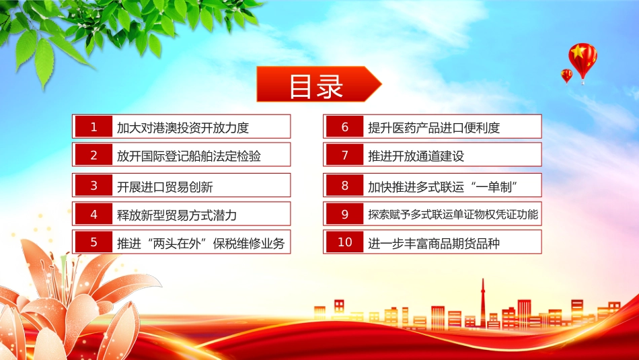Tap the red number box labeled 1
tap(93, 127)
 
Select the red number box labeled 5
tap(93, 242)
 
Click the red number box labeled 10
tap(345, 242)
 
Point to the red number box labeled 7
tap(345, 155)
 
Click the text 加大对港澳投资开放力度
tap(182, 128)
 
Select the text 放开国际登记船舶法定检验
tap(189, 155)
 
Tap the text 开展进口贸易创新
tap(165, 186)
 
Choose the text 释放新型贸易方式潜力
tap(177, 215)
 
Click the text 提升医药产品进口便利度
tap(434, 128)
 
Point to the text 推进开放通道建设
tap(416, 155)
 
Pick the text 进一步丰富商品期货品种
tap(434, 244)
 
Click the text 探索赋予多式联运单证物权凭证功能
tap(453, 215)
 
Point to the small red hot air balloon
tap(566, 76)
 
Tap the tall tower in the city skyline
tap(483, 303)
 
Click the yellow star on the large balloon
tap(578, 52)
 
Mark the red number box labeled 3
tap(93, 186)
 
